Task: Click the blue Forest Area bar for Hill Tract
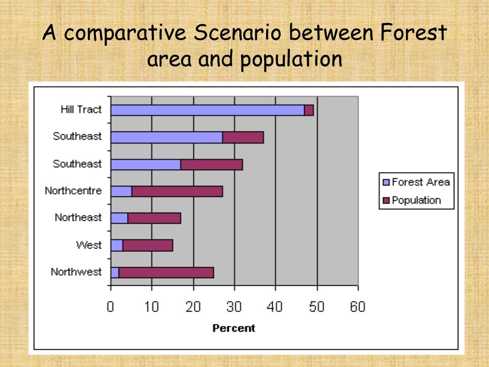click(207, 110)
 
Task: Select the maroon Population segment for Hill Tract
click(309, 110)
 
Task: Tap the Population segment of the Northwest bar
click(166, 273)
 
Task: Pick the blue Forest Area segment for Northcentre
click(121, 192)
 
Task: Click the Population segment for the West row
click(148, 246)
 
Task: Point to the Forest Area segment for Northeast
click(119, 218)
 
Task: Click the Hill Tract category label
click(81, 109)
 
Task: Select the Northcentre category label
click(73, 191)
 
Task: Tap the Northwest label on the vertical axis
click(76, 272)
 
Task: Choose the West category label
click(89, 245)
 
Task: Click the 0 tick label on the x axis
click(110, 307)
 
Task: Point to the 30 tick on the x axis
click(234, 307)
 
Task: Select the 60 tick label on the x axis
click(357, 307)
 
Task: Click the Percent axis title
click(234, 328)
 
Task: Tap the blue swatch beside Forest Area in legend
click(386, 182)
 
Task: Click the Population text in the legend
click(416, 200)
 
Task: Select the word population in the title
click(291, 60)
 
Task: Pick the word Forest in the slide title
click(415, 33)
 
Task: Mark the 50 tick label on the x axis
click(317, 307)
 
